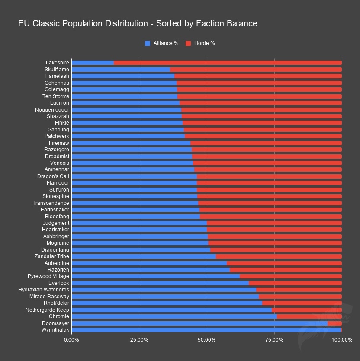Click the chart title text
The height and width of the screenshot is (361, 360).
(138, 23)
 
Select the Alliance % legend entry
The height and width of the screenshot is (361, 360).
(161, 43)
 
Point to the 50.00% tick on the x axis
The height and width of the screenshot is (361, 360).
(207, 340)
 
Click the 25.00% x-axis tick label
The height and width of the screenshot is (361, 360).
(139, 340)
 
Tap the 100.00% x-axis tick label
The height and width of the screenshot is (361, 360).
(342, 340)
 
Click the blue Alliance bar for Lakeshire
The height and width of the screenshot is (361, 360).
(93, 63)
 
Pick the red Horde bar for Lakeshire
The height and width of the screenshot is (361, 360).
(228, 63)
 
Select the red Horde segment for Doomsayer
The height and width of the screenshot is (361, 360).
(334, 323)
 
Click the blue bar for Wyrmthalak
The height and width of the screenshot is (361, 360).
(206, 330)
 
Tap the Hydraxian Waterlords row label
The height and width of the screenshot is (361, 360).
(44, 290)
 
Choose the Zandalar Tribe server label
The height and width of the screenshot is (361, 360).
(51, 256)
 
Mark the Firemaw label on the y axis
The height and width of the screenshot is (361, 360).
(59, 143)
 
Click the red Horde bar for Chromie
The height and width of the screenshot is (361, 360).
(309, 316)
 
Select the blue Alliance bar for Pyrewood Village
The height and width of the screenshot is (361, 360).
(155, 276)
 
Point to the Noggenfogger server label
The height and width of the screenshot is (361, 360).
(52, 110)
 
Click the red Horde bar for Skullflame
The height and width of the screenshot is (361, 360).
(256, 70)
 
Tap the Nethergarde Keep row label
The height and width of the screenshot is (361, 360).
(47, 310)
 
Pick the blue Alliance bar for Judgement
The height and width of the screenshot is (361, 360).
(139, 223)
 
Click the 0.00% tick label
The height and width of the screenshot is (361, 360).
(72, 340)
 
